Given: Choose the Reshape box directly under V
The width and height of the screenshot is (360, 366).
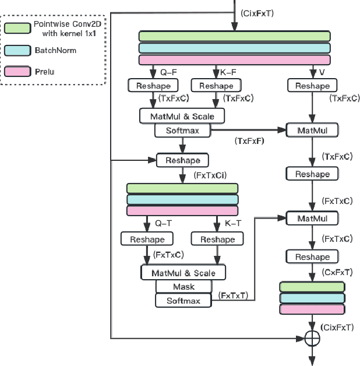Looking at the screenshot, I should click(x=312, y=86).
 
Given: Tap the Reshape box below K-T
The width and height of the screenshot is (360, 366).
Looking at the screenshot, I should click(x=217, y=240).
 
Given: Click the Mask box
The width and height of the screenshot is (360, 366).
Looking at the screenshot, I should click(x=183, y=287).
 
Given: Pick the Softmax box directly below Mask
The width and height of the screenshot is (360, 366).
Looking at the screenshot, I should click(x=183, y=301).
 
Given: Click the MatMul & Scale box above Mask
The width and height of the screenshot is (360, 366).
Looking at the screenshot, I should click(x=183, y=273).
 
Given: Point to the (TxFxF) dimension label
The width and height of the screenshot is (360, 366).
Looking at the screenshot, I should click(x=249, y=141).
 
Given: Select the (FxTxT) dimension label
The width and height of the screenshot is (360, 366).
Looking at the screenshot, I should click(x=234, y=296).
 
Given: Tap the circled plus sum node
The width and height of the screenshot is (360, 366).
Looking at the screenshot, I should click(x=312, y=337).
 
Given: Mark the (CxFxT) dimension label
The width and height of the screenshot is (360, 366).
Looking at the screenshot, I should click(x=337, y=272).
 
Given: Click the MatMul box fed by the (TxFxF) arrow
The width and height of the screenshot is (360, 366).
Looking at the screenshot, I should click(x=312, y=131).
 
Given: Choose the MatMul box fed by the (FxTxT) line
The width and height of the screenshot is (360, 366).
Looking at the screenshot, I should click(x=312, y=219).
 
